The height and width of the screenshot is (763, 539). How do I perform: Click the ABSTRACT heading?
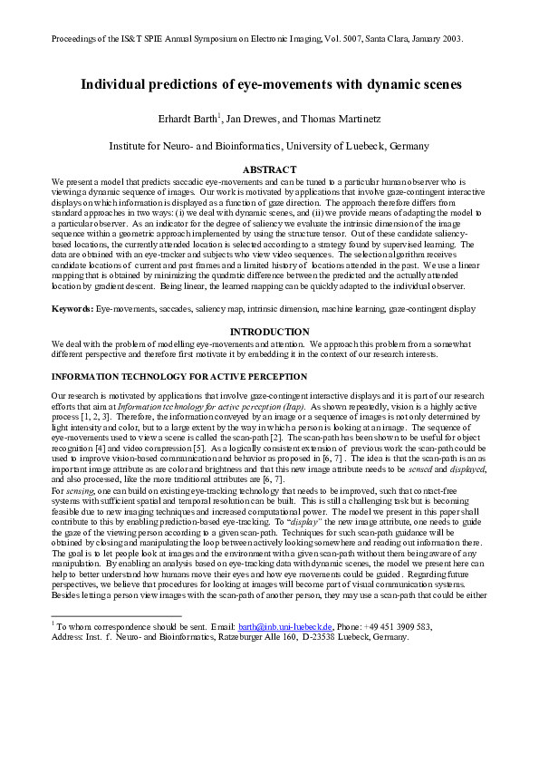[x=269, y=169]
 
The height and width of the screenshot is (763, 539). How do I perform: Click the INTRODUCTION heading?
[x=269, y=333]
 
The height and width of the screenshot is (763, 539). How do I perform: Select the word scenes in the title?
[x=439, y=84]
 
